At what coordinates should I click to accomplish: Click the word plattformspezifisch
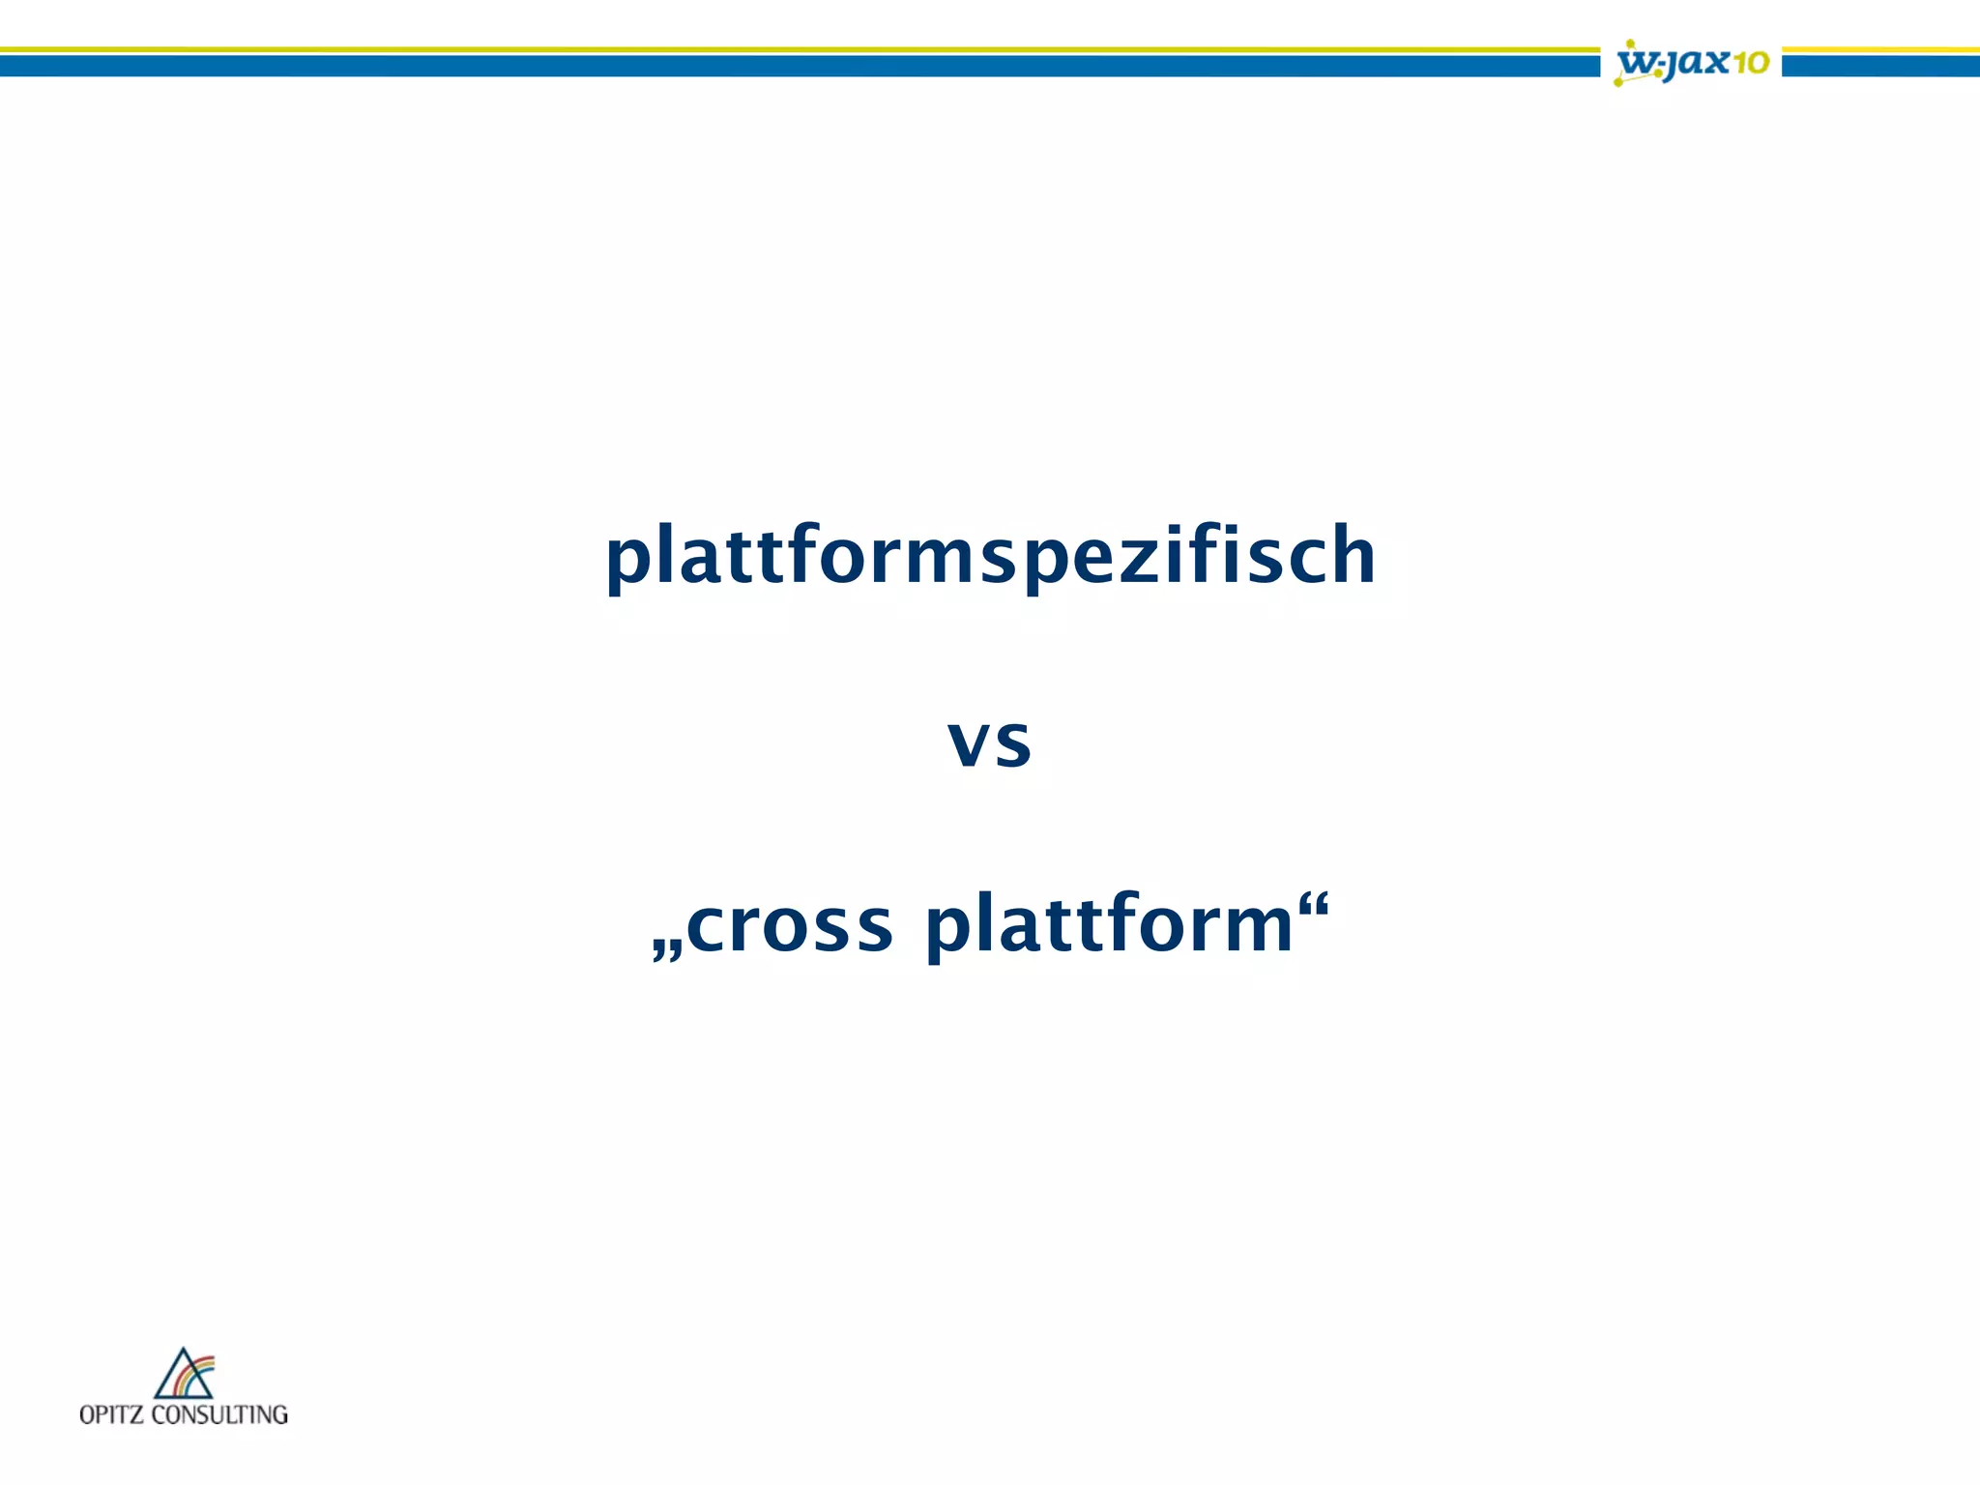coord(990,556)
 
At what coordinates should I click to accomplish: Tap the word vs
coord(990,742)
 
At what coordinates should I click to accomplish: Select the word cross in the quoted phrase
coord(789,925)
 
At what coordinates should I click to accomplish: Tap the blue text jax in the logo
coord(1696,64)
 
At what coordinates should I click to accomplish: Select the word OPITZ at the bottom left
coord(112,1414)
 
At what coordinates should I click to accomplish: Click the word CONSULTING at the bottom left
coord(220,1414)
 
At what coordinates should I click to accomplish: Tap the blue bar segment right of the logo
coord(1880,66)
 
